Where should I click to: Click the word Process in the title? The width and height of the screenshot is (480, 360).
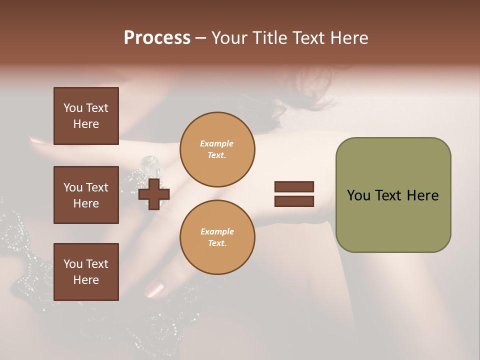tap(157, 38)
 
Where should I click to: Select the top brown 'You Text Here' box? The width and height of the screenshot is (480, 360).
tap(86, 116)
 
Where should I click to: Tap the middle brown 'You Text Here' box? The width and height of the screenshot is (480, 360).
tap(86, 195)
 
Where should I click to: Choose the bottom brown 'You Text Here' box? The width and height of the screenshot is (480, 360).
tap(86, 271)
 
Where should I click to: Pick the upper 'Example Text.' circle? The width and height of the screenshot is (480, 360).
tap(217, 149)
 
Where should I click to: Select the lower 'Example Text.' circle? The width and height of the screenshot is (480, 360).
tap(217, 237)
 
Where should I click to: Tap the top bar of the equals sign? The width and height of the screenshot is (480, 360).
tap(294, 186)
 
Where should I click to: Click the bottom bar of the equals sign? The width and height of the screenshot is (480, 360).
tap(294, 201)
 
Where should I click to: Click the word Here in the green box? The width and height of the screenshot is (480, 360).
tap(422, 195)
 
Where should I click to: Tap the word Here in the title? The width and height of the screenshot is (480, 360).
tap(348, 38)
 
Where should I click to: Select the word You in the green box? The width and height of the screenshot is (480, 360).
tap(359, 195)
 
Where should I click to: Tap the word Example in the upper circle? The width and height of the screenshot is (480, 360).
tap(217, 143)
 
